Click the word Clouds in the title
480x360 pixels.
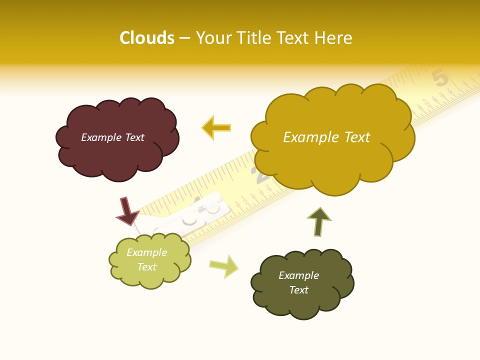pyautogui.click(x=147, y=38)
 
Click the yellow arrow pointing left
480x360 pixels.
pyautogui.click(x=216, y=128)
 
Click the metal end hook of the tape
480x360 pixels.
pyautogui.click(x=190, y=220)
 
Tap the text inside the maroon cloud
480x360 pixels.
pyautogui.click(x=113, y=137)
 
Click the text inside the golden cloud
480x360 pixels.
pyautogui.click(x=326, y=137)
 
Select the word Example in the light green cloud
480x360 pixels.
pyautogui.click(x=147, y=252)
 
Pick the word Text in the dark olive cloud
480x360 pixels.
pyautogui.click(x=298, y=290)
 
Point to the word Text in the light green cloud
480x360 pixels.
pyautogui.click(x=147, y=267)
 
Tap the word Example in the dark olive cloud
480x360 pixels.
pyautogui.click(x=298, y=275)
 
